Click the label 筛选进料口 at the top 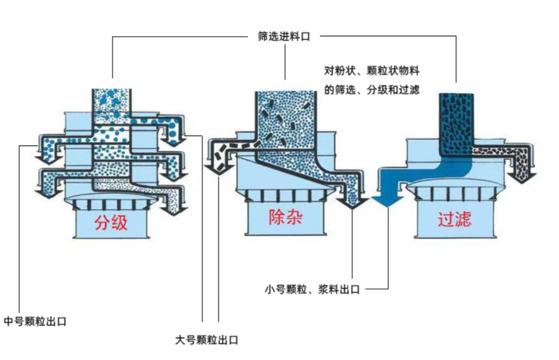284,37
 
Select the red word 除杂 285,217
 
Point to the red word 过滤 454,219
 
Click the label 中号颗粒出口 35,322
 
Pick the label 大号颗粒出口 206,340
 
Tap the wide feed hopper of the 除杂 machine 285,118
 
